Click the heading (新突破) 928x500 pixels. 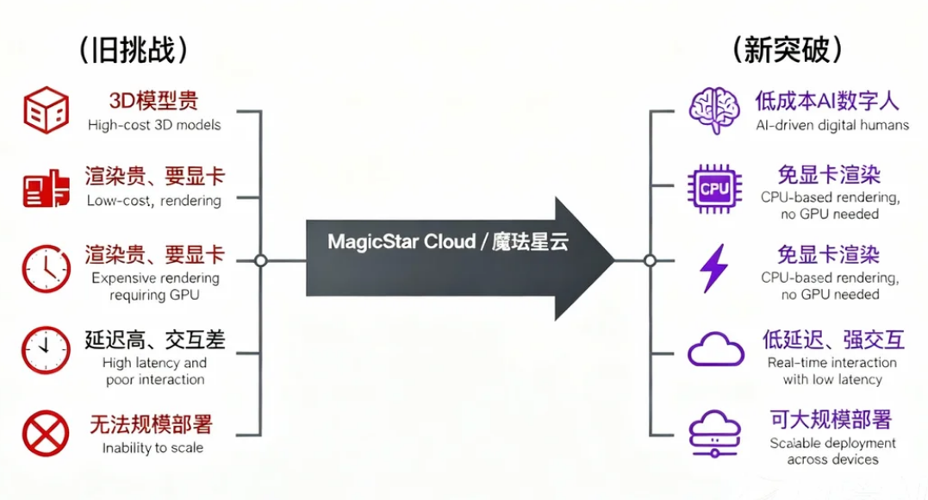(x=786, y=49)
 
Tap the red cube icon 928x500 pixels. (x=46, y=109)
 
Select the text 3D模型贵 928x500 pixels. (x=153, y=101)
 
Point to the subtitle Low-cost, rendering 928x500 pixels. (x=153, y=201)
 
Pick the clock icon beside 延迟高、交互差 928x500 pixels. (x=46, y=349)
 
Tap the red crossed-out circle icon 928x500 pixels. (x=46, y=432)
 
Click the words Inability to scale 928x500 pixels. (x=153, y=447)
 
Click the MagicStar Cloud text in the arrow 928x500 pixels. (x=447, y=242)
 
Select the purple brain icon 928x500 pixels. (x=714, y=109)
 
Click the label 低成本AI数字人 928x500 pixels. (x=827, y=101)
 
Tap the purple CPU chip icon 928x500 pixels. (x=714, y=185)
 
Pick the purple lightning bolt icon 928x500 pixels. (x=713, y=268)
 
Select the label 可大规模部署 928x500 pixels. (x=831, y=420)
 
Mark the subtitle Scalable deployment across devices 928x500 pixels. (x=832, y=451)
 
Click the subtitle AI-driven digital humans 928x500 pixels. (x=832, y=125)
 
